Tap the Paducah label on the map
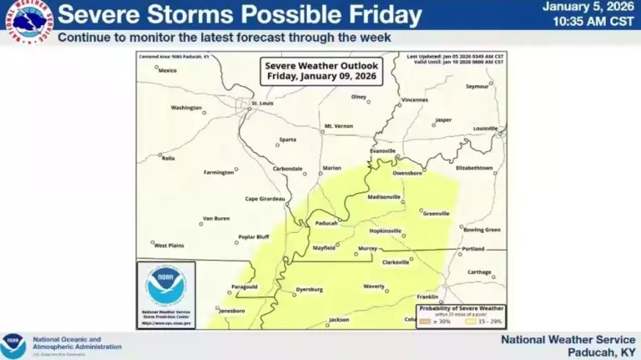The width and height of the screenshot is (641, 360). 326,223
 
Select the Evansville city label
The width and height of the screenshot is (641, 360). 383,150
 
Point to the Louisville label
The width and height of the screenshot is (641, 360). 485,129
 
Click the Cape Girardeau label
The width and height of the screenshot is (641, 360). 265,199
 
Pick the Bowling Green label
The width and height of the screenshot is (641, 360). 482,230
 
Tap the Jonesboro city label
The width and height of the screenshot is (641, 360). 231,311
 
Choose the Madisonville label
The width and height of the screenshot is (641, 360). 384,197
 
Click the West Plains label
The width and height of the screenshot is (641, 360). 169,246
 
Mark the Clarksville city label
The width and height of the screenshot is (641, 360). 396,262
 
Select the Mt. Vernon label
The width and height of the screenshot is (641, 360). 338,126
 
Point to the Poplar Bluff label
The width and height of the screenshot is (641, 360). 253,236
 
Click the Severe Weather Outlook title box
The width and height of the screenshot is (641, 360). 321,70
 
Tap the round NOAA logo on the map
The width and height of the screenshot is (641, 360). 165,285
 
